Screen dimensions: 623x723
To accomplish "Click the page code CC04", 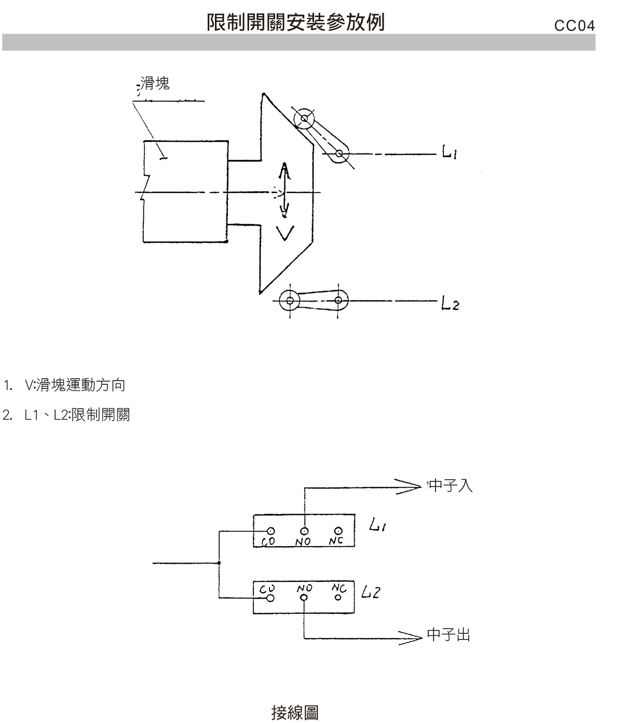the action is [574, 26].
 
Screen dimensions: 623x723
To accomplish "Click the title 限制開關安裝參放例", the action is [296, 22].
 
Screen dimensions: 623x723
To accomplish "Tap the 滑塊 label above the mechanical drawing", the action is [155, 84].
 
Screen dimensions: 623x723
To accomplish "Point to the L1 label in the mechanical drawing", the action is [449, 152].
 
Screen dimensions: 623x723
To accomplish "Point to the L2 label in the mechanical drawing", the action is [450, 303].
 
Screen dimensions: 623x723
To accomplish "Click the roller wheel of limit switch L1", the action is [304, 119].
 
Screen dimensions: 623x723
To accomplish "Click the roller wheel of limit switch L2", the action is [290, 300].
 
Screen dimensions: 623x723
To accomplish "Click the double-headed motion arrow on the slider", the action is [285, 190].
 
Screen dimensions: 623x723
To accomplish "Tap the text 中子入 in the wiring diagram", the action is [451, 486].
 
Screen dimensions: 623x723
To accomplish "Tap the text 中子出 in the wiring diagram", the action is [449, 635].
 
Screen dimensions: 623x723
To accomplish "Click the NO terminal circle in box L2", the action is [304, 598].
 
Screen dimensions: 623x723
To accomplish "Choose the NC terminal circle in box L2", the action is [337, 597].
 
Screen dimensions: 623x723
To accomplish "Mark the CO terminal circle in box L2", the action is [270, 598].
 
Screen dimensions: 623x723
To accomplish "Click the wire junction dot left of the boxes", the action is [219, 563].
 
